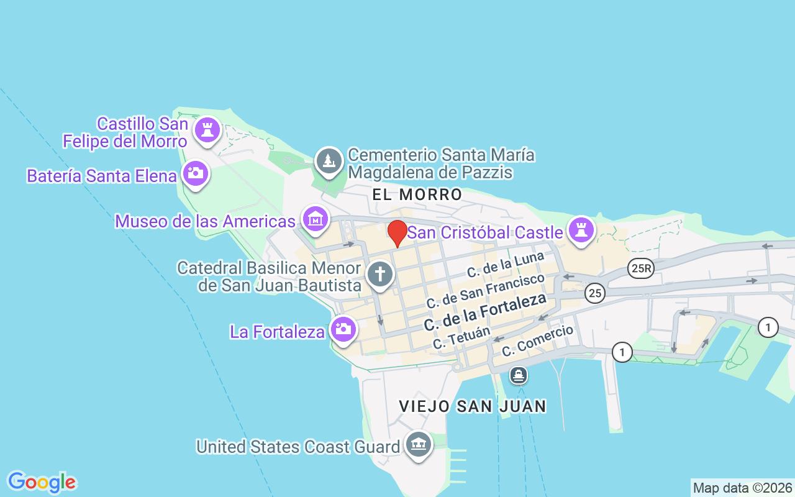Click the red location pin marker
(x=397, y=233)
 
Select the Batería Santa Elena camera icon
(x=196, y=173)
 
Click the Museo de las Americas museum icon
(x=316, y=219)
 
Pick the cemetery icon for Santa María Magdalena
(x=329, y=161)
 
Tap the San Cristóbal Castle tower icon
(x=581, y=230)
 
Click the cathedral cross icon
(x=380, y=274)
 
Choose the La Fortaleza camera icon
(x=343, y=329)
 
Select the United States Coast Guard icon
(x=419, y=444)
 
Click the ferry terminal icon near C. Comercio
(x=518, y=375)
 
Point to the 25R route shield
(x=640, y=268)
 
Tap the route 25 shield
(x=595, y=293)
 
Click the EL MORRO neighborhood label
(x=417, y=194)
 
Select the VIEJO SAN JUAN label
(x=473, y=406)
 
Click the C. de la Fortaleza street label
(x=485, y=312)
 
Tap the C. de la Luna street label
(x=506, y=264)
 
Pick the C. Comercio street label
(x=537, y=340)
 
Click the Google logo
(x=42, y=482)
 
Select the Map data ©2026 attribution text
(x=742, y=488)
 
